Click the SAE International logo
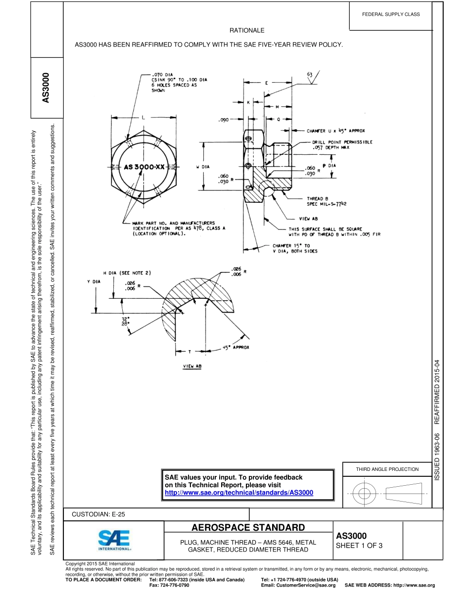[114, 541]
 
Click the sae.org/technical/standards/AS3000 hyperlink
[238, 493]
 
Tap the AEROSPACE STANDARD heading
[248, 527]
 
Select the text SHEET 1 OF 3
[359, 546]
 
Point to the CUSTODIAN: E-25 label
[98, 514]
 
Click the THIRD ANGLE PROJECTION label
[387, 469]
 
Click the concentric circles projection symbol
[364, 493]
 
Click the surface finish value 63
[310, 74]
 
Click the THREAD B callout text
[314, 198]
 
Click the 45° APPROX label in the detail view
[236, 347]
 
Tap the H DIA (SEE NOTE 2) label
[127, 273]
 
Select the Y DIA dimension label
[94, 281]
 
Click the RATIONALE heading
[247, 31]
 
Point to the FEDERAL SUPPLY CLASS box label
[391, 14]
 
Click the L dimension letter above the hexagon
[143, 118]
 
